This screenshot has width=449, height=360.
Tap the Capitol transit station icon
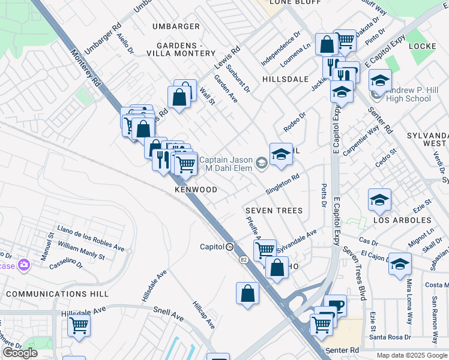pyautogui.click(x=230, y=247)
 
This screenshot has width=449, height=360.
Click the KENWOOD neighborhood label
pyautogui.click(x=196, y=190)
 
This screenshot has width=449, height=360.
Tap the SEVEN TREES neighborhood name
pyautogui.click(x=274, y=211)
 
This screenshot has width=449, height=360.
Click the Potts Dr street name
pyautogui.click(x=324, y=196)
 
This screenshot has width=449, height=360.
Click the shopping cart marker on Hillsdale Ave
pyautogui.click(x=79, y=326)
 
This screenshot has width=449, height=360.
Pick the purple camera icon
pyautogui.click(x=24, y=264)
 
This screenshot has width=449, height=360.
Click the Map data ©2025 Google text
pyautogui.click(x=411, y=355)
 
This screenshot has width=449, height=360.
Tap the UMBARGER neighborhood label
pyautogui.click(x=176, y=26)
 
